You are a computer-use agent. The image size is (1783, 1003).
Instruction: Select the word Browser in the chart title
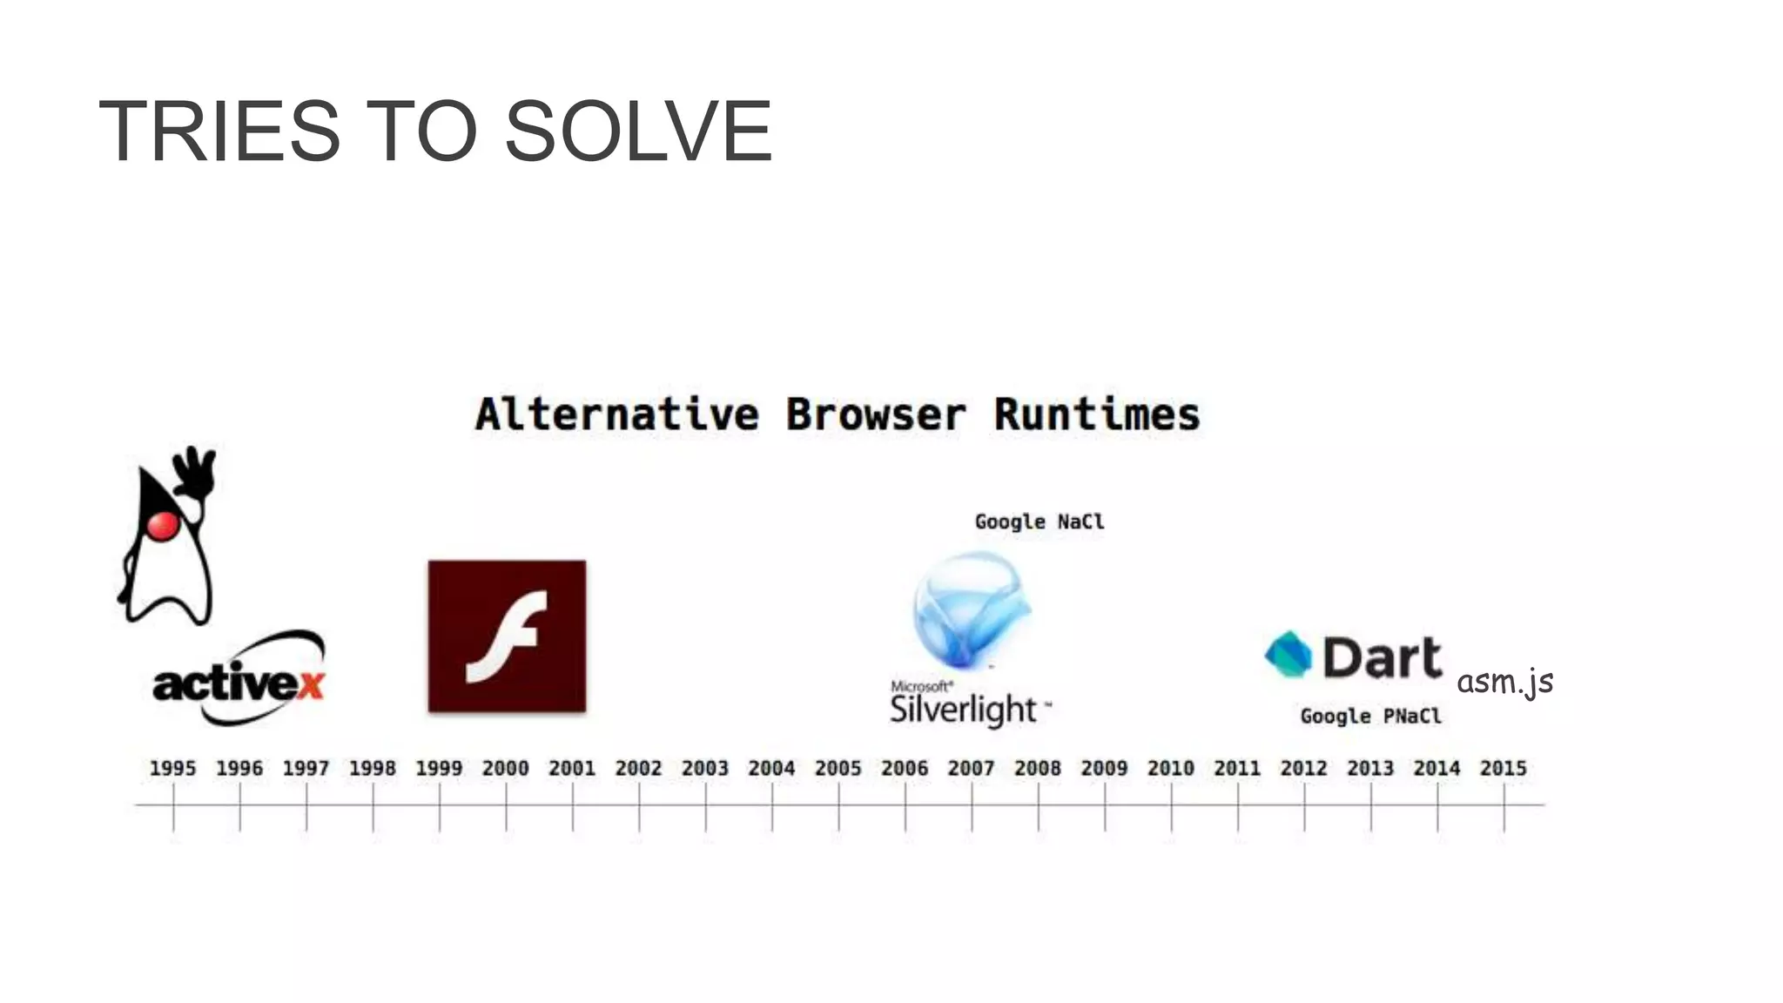pyautogui.click(x=876, y=414)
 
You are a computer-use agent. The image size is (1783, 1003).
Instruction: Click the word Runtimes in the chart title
pyautogui.click(x=1097, y=414)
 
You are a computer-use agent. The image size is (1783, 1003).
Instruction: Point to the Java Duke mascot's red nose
pyautogui.click(x=163, y=525)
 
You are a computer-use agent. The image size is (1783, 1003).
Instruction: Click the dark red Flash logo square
pyautogui.click(x=507, y=636)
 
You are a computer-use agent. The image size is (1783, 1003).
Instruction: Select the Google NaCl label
pyautogui.click(x=1040, y=522)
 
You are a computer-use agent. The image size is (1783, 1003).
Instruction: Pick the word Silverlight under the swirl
pyautogui.click(x=963, y=710)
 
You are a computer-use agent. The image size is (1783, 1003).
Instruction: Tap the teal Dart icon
pyautogui.click(x=1288, y=655)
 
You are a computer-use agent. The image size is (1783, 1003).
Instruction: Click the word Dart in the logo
pyautogui.click(x=1383, y=657)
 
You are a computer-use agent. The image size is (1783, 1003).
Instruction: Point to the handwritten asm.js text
pyautogui.click(x=1504, y=682)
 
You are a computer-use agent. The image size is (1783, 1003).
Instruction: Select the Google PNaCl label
pyautogui.click(x=1370, y=716)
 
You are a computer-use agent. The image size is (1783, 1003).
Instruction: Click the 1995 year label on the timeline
pyautogui.click(x=172, y=769)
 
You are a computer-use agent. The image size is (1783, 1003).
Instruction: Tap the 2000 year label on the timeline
pyautogui.click(x=505, y=769)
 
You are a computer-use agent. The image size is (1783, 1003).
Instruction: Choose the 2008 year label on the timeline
pyautogui.click(x=1038, y=769)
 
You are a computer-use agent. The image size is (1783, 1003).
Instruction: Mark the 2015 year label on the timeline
pyautogui.click(x=1504, y=769)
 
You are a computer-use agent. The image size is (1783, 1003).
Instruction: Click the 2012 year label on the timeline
pyautogui.click(x=1303, y=769)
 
